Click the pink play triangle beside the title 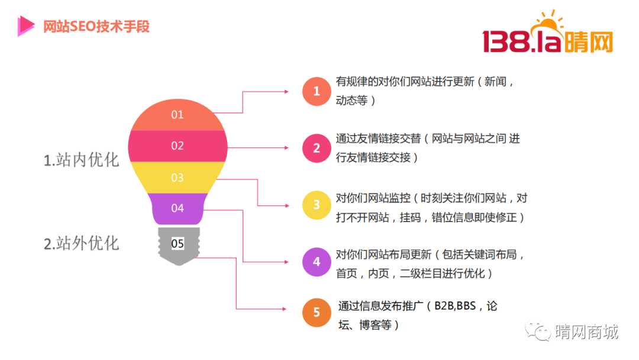pos(25,26)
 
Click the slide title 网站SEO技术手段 pos(96,27)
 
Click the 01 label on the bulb pos(177,114)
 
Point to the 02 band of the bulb pos(177,146)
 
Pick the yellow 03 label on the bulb pos(177,178)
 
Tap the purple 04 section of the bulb pos(177,208)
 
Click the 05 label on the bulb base pos(177,244)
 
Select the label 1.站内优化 pos(81,160)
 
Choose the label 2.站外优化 pos(81,243)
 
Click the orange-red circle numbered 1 pos(317,91)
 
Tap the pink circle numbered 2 pos(317,148)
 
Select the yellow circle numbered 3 pos(317,205)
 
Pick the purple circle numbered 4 pos(317,262)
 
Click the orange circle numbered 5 pos(317,313)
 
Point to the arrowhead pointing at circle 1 pos(286,92)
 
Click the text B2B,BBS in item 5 pos(455,306)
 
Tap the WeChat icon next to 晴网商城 pos(538,330)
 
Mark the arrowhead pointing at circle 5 pos(285,309)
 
